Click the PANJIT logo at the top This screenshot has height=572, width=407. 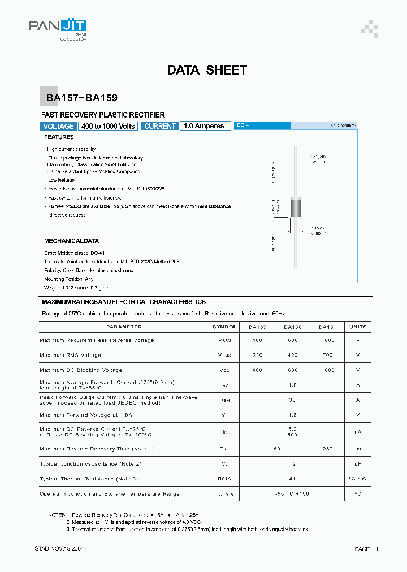57,27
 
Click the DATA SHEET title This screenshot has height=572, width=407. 207,70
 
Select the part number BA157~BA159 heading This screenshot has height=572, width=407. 81,98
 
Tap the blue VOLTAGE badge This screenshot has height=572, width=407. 58,126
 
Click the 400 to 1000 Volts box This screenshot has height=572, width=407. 108,126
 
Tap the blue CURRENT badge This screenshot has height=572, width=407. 160,126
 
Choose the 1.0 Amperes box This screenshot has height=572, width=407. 204,126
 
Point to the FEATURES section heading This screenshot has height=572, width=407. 59,137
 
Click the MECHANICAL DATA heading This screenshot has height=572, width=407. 71,241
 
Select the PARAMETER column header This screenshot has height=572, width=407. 124,327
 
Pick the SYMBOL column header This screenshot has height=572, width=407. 224,327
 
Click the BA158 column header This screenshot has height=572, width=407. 292,327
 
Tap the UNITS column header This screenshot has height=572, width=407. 358,327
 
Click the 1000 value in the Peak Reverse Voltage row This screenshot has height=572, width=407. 327,340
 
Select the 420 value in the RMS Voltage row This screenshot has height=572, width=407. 292,355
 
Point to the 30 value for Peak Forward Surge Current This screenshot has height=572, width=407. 292,400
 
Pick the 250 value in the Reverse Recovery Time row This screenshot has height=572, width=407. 327,449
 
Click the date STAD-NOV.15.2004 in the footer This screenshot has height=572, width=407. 59,549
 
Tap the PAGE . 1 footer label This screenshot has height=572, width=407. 366,549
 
